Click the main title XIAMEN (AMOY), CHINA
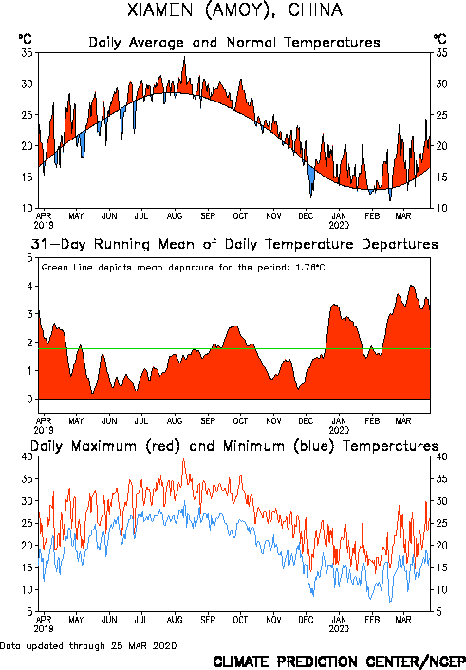coord(234,10)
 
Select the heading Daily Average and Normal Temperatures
coord(234,43)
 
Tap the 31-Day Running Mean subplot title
coord(234,245)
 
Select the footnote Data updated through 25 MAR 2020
coord(88,645)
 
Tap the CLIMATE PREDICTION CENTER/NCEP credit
coord(339,661)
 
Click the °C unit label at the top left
coord(26,39)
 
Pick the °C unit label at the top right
coord(440,39)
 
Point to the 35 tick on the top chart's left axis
coord(27,53)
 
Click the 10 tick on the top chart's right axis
coord(441,208)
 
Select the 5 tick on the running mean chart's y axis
coord(29,258)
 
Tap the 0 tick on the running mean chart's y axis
coord(29,400)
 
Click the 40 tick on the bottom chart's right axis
coord(441,456)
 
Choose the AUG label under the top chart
coord(175,216)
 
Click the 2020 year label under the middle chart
coord(339,430)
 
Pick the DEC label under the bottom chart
coord(306,620)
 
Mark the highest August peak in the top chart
coord(185,56)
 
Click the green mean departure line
coord(234,349)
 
